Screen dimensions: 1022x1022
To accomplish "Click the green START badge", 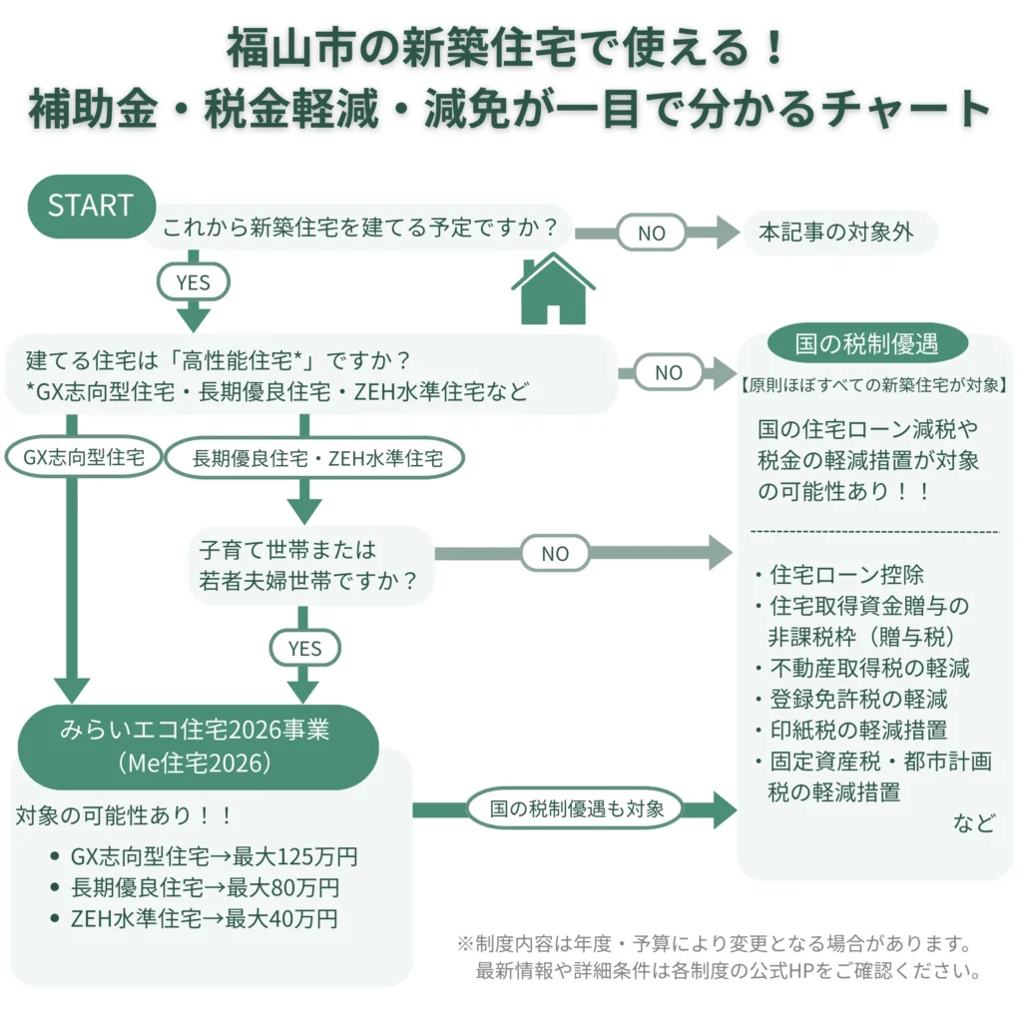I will (90, 206).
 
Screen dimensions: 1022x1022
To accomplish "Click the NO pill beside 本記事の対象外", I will (651, 233).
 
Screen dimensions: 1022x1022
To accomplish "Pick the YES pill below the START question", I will (193, 282).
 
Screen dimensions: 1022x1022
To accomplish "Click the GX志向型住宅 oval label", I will (84, 458).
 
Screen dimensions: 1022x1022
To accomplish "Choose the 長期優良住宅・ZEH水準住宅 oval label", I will (314, 459).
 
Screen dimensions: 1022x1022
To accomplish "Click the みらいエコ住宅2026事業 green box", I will (200, 746).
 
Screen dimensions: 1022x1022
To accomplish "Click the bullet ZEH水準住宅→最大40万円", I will (204, 919).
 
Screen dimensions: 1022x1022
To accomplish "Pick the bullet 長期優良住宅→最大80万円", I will (205, 888).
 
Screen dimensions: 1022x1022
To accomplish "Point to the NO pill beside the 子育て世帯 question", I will (555, 553).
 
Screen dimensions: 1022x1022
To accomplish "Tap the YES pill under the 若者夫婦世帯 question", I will (304, 649).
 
